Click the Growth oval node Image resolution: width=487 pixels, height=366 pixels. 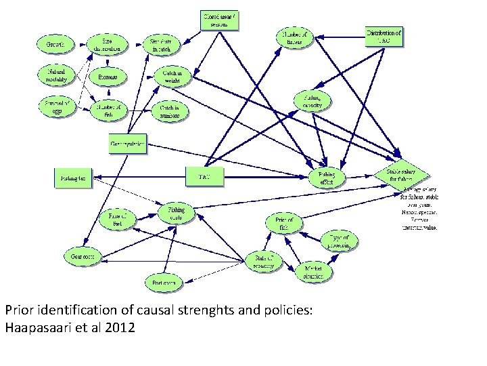click(55, 45)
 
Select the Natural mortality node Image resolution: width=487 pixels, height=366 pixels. click(56, 74)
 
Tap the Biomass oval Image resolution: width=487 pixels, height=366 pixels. click(108, 77)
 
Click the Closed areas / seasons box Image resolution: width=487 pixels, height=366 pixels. click(220, 20)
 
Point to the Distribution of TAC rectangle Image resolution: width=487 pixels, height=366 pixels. click(384, 36)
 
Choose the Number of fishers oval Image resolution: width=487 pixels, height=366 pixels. click(294, 39)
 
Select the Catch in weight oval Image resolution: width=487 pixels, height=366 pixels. click(168, 76)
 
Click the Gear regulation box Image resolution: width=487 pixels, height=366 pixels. click(128, 144)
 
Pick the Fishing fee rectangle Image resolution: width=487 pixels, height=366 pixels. click(73, 178)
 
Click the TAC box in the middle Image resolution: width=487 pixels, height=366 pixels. click(204, 177)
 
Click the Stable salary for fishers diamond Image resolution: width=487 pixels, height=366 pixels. click(402, 175)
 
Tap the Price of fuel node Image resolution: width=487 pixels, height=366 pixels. click(118, 219)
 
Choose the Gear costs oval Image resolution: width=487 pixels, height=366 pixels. click(83, 256)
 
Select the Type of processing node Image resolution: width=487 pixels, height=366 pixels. click(339, 242)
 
